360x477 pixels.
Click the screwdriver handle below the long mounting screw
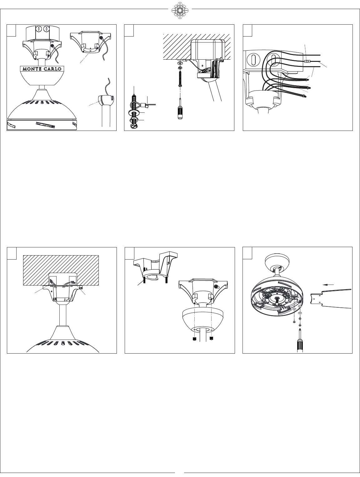180,113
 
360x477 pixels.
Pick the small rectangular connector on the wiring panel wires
307,62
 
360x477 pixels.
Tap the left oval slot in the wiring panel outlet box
254,59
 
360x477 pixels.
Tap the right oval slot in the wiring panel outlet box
274,59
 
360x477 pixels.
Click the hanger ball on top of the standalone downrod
106,100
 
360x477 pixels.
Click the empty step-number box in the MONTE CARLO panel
12,30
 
